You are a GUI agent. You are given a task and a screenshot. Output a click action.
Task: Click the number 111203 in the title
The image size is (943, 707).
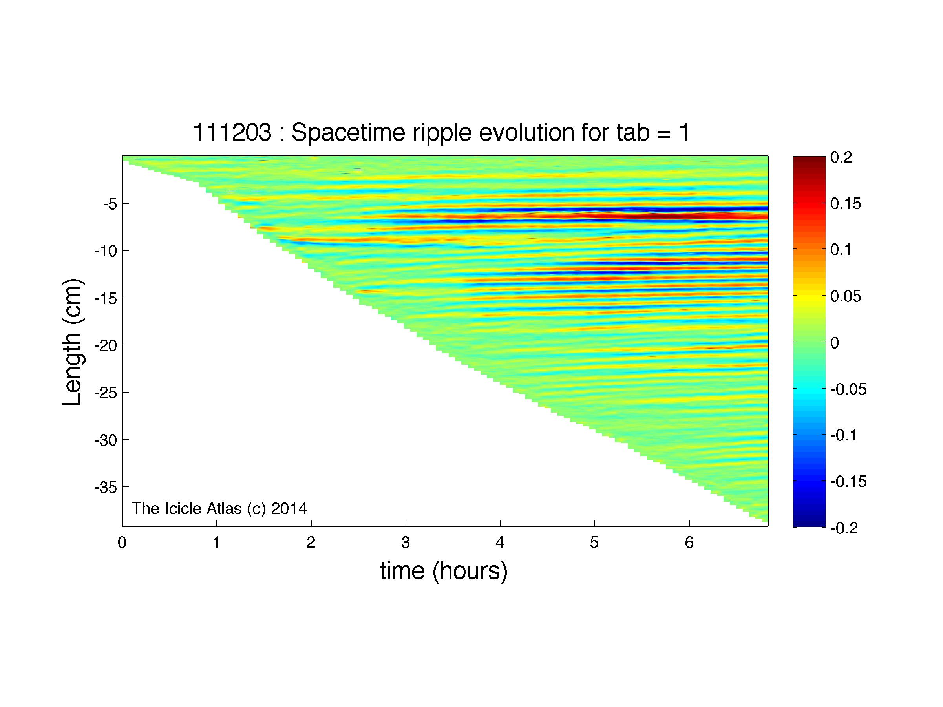coord(232,133)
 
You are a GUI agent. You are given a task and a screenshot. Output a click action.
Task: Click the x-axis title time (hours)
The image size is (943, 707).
coord(444,572)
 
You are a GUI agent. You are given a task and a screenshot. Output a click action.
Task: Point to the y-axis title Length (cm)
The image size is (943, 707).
coord(73,342)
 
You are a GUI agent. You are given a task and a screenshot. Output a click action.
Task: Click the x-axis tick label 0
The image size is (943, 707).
coord(122,543)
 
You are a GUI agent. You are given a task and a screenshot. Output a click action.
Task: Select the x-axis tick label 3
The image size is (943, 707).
coord(406,543)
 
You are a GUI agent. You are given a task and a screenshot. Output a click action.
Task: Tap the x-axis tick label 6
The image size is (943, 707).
coord(689,543)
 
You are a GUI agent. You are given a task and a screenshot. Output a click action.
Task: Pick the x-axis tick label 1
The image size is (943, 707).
coord(217,543)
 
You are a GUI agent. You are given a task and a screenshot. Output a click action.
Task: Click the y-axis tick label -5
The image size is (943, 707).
coord(110,204)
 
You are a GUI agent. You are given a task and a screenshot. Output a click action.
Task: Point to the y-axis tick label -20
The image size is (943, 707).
coord(106,345)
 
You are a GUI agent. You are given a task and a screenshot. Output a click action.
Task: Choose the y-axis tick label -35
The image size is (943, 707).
coord(106,487)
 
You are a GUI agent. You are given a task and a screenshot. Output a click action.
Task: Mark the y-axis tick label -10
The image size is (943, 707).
coord(106,251)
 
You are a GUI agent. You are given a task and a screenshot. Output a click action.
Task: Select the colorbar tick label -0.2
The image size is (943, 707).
coord(844,528)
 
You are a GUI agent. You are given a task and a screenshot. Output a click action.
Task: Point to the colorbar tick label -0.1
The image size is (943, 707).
coord(844,435)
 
